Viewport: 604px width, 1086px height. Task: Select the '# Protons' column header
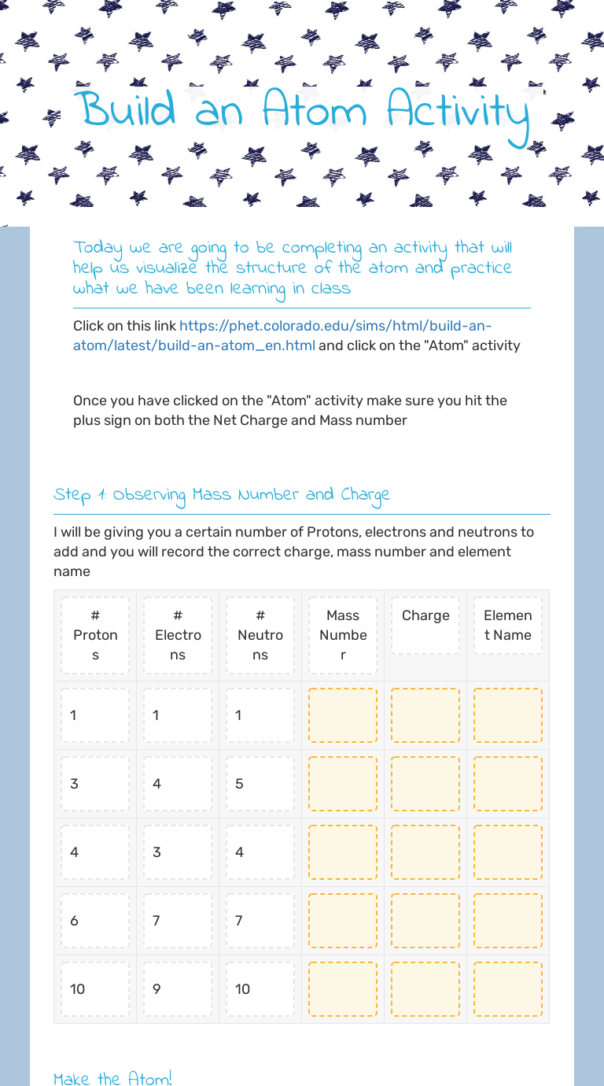point(95,635)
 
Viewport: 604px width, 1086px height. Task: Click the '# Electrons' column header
point(178,635)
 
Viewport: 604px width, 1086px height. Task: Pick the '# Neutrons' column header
point(260,635)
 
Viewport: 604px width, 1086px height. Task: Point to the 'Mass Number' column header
point(343,635)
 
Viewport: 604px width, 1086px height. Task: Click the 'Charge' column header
point(425,615)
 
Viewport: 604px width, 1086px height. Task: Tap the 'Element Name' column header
point(508,626)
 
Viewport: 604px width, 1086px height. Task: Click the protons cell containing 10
point(95,989)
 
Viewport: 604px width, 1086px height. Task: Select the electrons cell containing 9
point(178,989)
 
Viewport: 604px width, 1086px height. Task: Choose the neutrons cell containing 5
point(260,784)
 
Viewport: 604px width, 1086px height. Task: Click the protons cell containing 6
point(95,921)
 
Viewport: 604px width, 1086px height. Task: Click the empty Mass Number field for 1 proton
point(343,715)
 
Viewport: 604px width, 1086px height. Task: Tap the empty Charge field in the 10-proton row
point(425,989)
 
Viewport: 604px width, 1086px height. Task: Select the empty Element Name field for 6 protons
point(508,921)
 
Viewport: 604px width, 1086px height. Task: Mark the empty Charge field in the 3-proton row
point(425,784)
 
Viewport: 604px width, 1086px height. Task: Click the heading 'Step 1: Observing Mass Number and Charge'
point(222,495)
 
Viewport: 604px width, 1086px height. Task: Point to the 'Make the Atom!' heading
point(112,1079)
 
